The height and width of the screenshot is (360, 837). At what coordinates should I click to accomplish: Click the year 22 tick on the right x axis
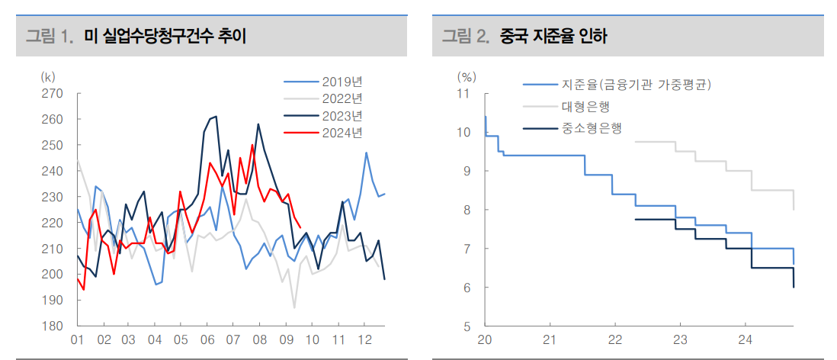pos(614,340)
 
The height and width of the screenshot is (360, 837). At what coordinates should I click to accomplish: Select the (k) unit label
pos(48,76)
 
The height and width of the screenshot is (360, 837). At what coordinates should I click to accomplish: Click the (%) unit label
pos(467,76)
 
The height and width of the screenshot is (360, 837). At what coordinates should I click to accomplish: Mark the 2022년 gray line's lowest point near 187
pos(294,307)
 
